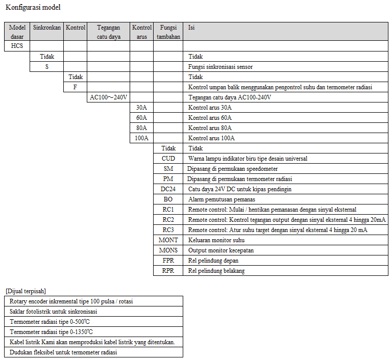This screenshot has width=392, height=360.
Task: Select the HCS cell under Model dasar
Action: pos(17,46)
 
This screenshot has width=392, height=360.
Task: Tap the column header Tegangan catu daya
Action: pos(108,32)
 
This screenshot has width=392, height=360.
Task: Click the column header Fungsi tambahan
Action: pos(168,32)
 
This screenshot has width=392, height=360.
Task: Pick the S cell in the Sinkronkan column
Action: pos(46,67)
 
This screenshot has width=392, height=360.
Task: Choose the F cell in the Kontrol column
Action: pos(75,87)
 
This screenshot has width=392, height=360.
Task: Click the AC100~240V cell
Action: pos(108,97)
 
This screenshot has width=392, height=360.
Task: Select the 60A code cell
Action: pos(141,118)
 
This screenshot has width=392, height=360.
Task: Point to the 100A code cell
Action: pos(141,138)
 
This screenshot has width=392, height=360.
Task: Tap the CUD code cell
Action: pos(168,159)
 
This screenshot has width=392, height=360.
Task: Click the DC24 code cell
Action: pos(168,189)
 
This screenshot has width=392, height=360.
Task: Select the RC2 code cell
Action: pos(168,220)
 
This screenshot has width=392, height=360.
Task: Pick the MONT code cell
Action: pos(168,240)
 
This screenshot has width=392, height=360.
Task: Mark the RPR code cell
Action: pos(168,271)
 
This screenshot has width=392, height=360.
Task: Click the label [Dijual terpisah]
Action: pos(26,291)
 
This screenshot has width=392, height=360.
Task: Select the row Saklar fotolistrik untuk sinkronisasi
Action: pos(54,312)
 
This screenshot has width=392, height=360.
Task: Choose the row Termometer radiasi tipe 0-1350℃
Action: pos(51,332)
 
